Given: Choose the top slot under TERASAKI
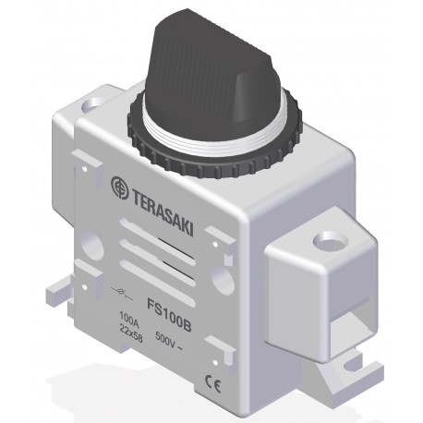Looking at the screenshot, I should [x=162, y=234].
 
